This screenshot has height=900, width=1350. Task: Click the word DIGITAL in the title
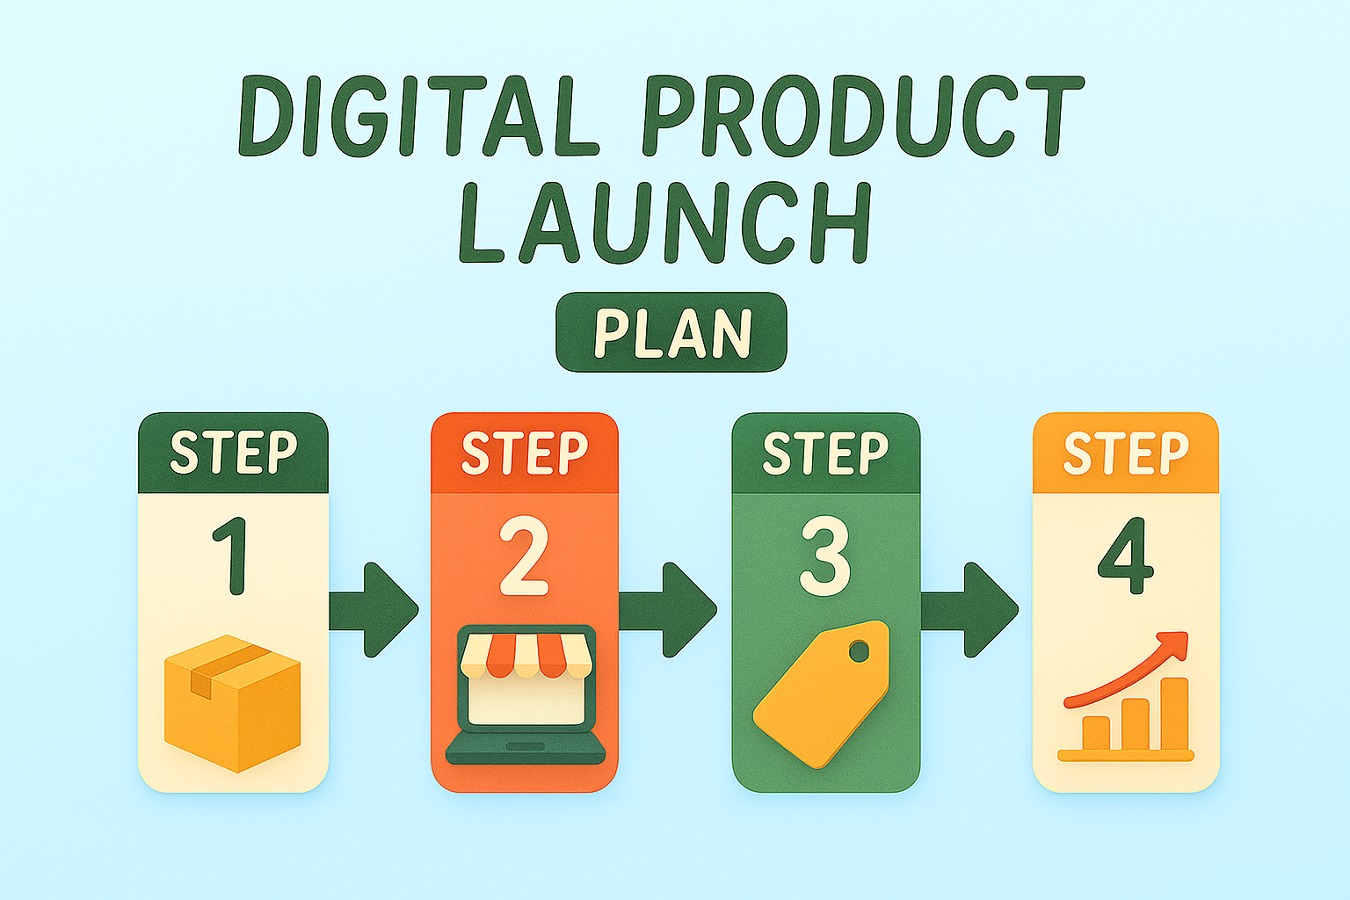point(419,115)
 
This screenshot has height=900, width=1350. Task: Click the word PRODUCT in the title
point(863,115)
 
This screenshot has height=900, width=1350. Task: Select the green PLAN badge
point(671,332)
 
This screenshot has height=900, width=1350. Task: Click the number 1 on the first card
point(231,555)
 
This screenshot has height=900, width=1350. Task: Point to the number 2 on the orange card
point(524,555)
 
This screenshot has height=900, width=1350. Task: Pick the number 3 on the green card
point(824,555)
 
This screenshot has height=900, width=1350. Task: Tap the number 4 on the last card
point(1125,555)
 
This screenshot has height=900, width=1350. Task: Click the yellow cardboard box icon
point(233,703)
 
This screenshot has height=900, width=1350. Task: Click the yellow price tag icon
point(821,694)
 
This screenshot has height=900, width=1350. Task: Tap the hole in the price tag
point(859,651)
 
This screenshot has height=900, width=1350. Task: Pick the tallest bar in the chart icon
point(1174,714)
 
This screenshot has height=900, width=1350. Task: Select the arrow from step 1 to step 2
point(374,609)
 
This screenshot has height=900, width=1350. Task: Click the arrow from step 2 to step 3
point(668,609)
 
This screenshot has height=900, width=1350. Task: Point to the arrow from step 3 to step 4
point(969,609)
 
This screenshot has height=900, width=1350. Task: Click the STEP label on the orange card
point(525,453)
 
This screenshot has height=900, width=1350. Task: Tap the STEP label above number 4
point(1126,453)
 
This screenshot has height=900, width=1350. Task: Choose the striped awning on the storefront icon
point(525,656)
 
